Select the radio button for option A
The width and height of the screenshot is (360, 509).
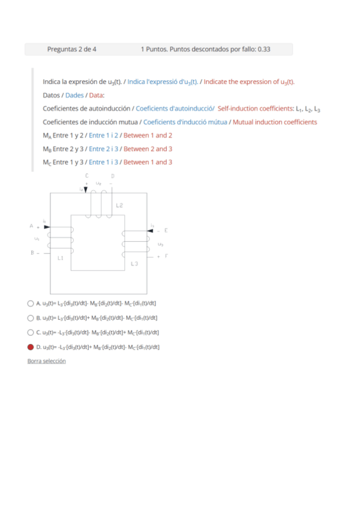pyautogui.click(x=31, y=303)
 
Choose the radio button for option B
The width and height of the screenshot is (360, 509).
pyautogui.click(x=31, y=318)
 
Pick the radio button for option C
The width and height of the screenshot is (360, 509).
pyautogui.click(x=31, y=332)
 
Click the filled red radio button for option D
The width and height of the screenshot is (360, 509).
pyautogui.click(x=31, y=346)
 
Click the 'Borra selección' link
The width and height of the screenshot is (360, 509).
pyautogui.click(x=46, y=361)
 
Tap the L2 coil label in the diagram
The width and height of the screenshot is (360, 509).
pyautogui.click(x=119, y=205)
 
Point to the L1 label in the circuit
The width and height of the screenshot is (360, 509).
pyautogui.click(x=61, y=258)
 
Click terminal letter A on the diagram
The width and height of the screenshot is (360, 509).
pyautogui.click(x=31, y=226)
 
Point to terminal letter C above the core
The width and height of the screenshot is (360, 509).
pyautogui.click(x=87, y=175)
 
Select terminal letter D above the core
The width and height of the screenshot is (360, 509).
pyautogui.click(x=112, y=175)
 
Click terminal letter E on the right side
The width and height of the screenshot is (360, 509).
pyautogui.click(x=166, y=230)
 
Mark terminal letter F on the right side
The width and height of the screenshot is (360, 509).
pyautogui.click(x=166, y=256)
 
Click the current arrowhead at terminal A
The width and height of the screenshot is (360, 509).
pyautogui.click(x=47, y=227)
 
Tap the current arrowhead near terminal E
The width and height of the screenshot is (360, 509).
pyautogui.click(x=150, y=230)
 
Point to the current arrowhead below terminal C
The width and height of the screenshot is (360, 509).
pyautogui.click(x=86, y=190)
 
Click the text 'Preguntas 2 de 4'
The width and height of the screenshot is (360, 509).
pyautogui.click(x=71, y=49)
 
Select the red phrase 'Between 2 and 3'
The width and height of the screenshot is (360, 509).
pyautogui.click(x=148, y=148)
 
